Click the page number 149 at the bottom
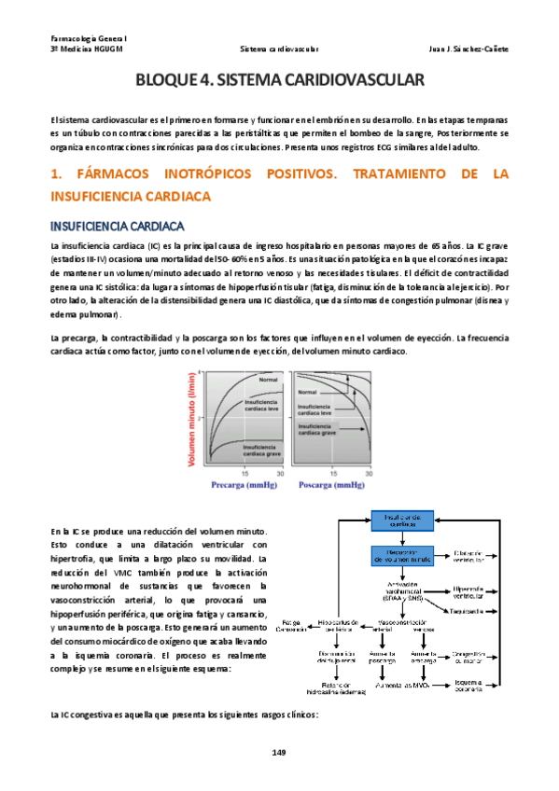(279, 753)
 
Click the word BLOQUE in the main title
(167, 82)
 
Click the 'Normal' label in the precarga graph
(269, 380)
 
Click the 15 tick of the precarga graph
(245, 474)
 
